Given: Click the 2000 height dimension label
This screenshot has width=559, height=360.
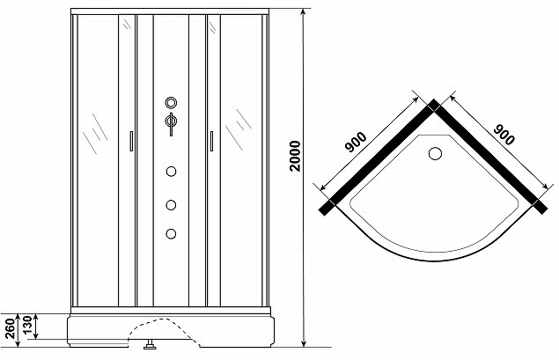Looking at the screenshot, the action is coord(295,156).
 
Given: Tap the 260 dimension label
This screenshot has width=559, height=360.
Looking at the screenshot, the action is coord(11,328).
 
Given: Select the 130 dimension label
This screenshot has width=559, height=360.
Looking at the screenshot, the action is coord(28,327).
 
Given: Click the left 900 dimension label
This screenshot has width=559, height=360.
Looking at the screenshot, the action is coord(356,142).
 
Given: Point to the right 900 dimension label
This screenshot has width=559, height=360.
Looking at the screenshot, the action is coord(504,135).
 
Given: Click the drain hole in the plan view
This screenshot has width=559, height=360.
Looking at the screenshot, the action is coord(435,154).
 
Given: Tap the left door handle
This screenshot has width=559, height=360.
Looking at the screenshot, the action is coord(131,141).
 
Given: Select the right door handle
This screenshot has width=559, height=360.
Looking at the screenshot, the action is coord(211,141).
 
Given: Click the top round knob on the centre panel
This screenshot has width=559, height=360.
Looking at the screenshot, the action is coord(171,103).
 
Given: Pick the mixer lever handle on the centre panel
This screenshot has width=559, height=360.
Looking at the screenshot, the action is coord(171,123).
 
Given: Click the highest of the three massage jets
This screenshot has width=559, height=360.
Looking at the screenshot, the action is coord(171,172).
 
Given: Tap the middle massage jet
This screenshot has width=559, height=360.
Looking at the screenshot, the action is coord(171,205).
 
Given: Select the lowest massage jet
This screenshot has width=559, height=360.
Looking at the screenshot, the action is coord(171,234).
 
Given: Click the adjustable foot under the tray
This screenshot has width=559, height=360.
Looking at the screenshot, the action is coord(149,345).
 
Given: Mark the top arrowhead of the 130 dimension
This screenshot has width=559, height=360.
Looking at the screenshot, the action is coord(35,317).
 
